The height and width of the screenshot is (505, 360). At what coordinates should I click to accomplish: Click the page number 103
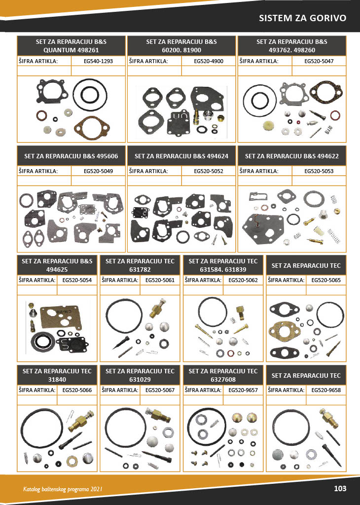pos(340,488)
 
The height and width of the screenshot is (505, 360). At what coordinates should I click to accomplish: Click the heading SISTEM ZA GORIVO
pos(303,18)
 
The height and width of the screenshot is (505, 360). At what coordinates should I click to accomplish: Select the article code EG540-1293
pos(98,61)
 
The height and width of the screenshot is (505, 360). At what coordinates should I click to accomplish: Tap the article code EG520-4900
pos(209,61)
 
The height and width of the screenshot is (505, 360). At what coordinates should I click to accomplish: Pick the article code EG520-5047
pos(319,61)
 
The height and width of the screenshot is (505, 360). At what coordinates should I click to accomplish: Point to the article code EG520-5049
pos(98,171)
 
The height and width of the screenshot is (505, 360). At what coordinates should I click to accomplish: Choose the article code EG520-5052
pos(209,171)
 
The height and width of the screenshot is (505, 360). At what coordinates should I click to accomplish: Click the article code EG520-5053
pos(319,171)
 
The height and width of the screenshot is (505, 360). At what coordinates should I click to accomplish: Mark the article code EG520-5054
pos(77,280)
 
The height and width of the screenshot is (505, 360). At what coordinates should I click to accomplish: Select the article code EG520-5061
pos(160,280)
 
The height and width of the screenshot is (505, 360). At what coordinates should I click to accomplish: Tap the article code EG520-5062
pos(243,280)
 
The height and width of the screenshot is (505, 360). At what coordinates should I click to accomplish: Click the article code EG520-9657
pos(243,390)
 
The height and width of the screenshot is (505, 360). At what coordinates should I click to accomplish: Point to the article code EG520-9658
pos(326,390)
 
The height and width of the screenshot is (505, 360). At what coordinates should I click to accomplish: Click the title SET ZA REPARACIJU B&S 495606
pos(71,156)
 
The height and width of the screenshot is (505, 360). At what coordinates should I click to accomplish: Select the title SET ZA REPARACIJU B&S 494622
pos(292,156)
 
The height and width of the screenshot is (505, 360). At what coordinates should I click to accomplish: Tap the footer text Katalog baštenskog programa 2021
pos(63,489)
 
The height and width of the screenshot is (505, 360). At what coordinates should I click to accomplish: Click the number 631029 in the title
pos(140,379)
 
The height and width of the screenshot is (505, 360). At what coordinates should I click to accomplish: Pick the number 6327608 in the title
pos(223,379)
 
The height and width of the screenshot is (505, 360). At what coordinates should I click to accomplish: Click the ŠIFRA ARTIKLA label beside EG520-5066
pos(37,390)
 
